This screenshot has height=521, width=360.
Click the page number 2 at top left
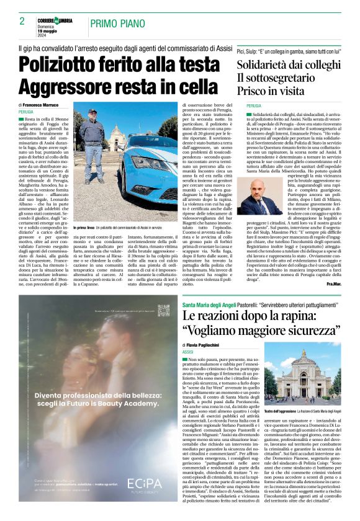click(22, 21)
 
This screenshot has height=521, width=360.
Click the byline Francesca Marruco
click(46, 105)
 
